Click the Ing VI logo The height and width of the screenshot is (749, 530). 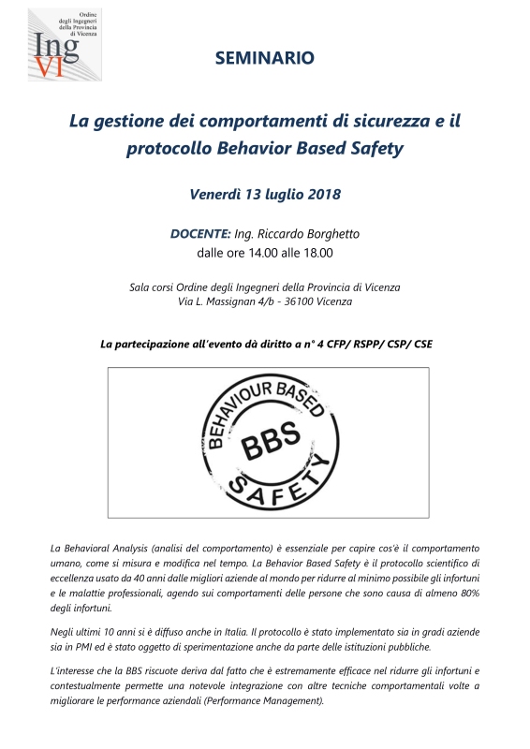pyautogui.click(x=64, y=46)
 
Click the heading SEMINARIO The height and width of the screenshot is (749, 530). pyautogui.click(x=265, y=58)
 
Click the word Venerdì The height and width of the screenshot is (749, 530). pyautogui.click(x=215, y=195)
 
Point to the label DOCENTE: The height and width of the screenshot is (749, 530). pyautogui.click(x=200, y=233)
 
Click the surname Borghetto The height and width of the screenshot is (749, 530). pyautogui.click(x=328, y=233)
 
